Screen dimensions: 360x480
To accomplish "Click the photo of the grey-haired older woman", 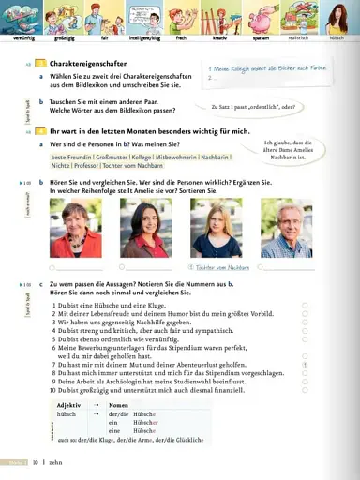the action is (76, 228).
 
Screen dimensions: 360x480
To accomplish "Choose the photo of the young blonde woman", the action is (216, 228).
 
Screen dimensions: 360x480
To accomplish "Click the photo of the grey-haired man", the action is (286, 228).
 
